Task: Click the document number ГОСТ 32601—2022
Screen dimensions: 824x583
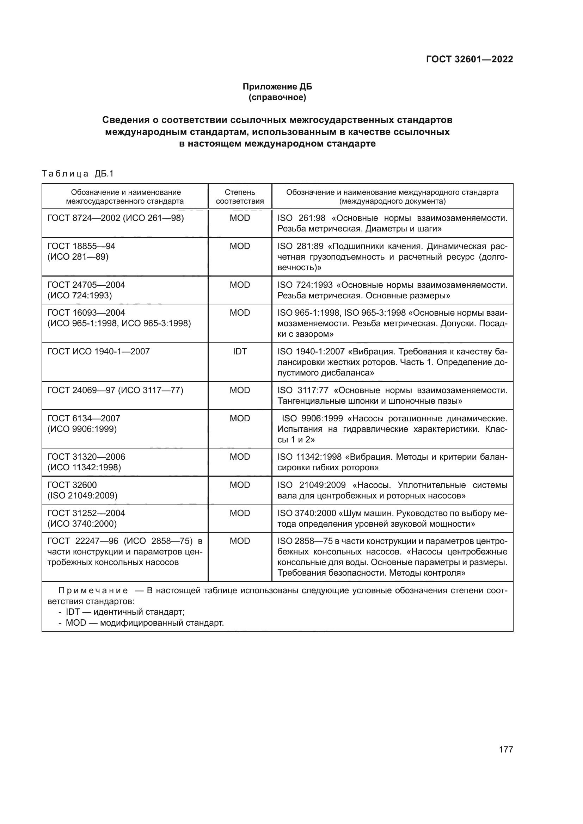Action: (469, 59)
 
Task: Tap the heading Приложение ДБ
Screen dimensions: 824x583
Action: (277, 87)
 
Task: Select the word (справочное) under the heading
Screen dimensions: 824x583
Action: (277, 97)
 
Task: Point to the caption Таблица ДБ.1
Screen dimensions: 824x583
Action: (78, 174)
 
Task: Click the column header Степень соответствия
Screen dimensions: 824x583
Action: (239, 197)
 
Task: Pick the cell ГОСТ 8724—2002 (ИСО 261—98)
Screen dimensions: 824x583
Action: (115, 218)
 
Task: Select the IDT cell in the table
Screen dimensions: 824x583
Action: (239, 351)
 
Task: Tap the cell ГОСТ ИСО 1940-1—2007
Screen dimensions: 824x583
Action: (98, 351)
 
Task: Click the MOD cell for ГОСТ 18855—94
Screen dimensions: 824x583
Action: (239, 246)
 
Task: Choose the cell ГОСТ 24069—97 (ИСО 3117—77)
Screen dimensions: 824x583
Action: (115, 390)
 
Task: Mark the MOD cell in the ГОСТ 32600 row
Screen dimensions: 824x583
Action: (239, 485)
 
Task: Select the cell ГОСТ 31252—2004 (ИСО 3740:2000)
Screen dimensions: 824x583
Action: (86, 518)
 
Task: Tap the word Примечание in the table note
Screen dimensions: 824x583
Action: (93, 591)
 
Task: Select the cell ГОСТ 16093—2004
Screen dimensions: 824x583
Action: (86, 313)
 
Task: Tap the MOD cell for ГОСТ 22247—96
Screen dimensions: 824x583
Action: (239, 541)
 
